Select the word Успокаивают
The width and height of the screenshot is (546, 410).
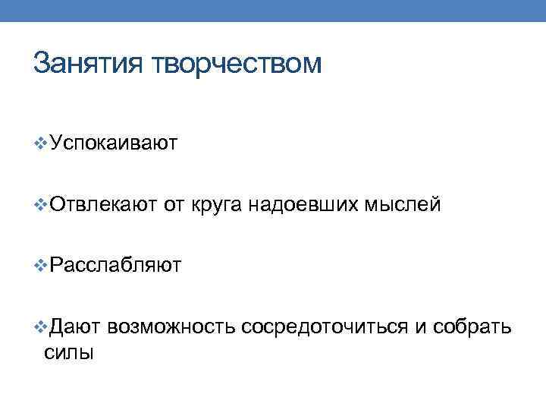tap(114, 143)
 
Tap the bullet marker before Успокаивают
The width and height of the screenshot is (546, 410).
tap(41, 143)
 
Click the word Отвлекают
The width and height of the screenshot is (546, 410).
tap(103, 203)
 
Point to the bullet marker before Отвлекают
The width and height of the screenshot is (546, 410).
tap(41, 203)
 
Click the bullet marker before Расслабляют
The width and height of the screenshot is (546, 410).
tap(41, 265)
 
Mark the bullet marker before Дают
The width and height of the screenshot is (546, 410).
tap(41, 326)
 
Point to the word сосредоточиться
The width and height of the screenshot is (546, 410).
tap(325, 326)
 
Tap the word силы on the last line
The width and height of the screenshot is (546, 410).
tap(69, 352)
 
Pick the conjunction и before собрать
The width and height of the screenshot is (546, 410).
tap(422, 326)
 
